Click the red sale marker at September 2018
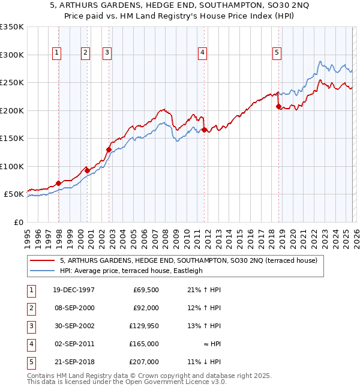[278, 107]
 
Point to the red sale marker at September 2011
[205, 130]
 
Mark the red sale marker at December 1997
[59, 183]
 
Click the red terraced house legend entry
[192, 260]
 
